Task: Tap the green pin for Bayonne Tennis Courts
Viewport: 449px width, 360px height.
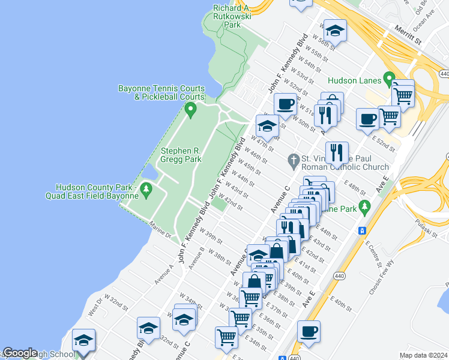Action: (191, 109)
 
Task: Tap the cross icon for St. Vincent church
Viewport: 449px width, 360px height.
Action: (294, 159)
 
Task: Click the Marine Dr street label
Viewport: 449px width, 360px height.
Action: (160, 229)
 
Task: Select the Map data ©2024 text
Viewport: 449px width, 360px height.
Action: (423, 355)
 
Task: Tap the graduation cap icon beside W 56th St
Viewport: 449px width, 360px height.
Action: (335, 30)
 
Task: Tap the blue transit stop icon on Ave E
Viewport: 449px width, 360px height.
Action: (362, 230)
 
